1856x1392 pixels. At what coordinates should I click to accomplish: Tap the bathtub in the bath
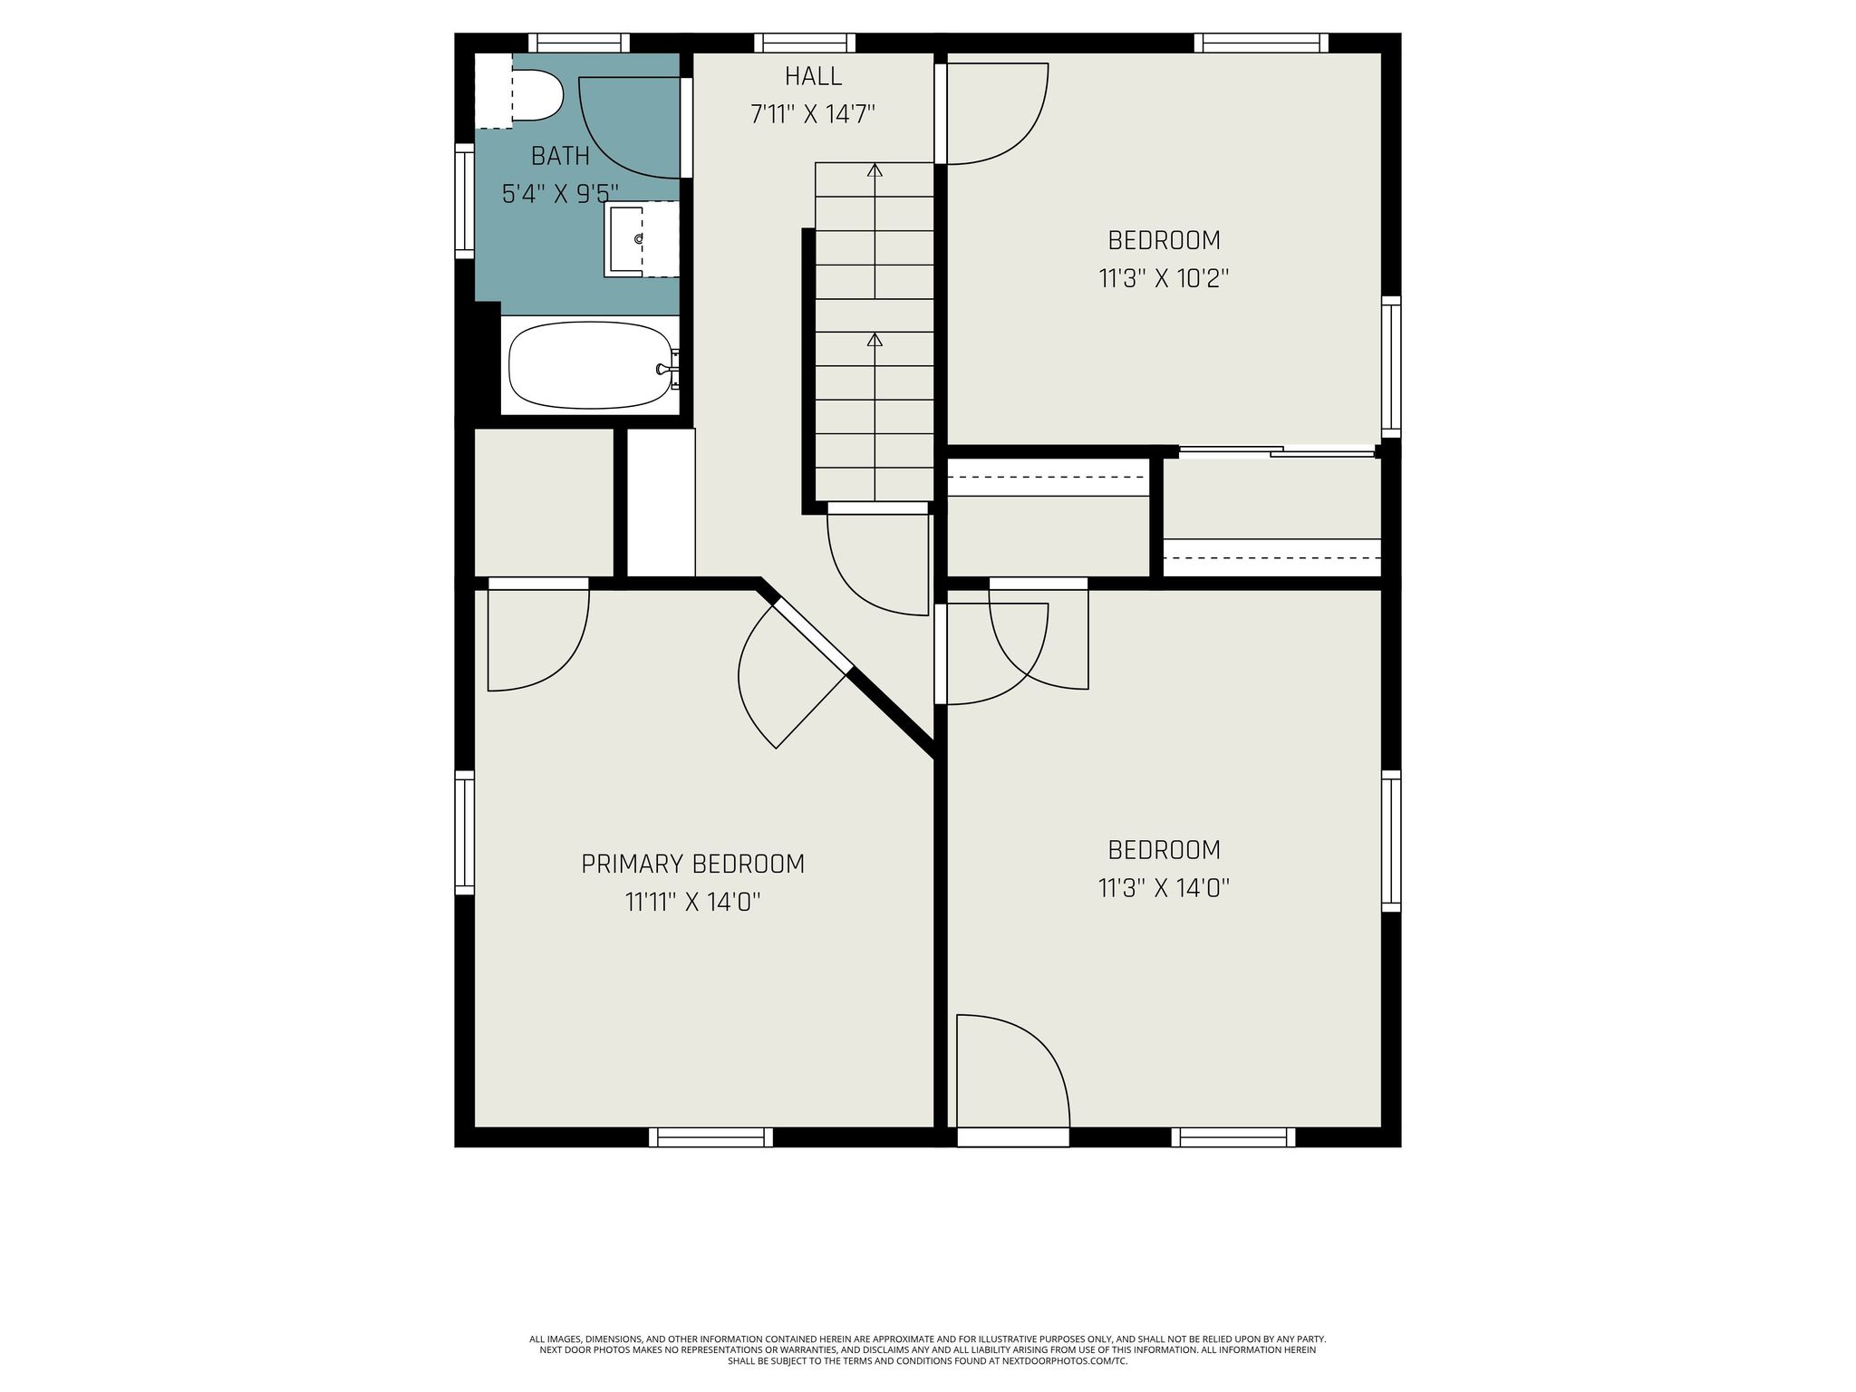point(589,367)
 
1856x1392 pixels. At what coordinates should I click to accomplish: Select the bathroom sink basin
point(628,238)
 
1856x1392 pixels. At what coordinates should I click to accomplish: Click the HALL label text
point(813,76)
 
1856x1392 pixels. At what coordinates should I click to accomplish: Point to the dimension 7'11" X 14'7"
point(812,115)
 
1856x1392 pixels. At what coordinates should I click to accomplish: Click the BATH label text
point(560,157)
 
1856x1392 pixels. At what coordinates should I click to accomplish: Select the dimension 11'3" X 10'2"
point(1164,278)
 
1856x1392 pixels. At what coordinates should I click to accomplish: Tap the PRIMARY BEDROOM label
point(692,865)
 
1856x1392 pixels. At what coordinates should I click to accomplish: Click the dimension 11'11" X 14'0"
point(692,903)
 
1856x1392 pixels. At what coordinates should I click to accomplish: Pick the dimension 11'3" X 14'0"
point(1164,888)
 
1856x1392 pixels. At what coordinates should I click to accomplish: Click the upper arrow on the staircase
point(875,169)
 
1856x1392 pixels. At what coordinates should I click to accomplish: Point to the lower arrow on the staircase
point(875,340)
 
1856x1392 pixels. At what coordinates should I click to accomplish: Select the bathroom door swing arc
point(625,136)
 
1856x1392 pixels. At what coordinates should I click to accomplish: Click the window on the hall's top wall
point(805,43)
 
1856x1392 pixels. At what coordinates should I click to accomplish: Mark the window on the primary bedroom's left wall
point(464,832)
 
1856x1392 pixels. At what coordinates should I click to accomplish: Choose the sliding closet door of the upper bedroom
point(1278,450)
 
